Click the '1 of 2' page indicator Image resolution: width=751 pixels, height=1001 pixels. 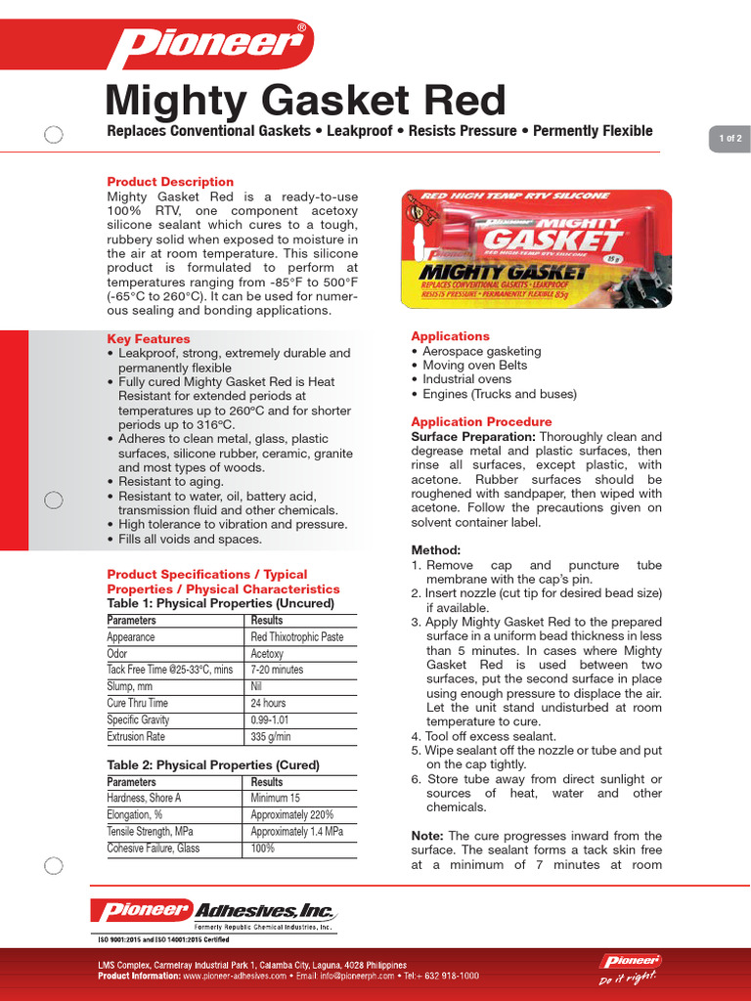(729, 139)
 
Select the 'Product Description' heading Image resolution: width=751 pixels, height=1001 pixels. (170, 182)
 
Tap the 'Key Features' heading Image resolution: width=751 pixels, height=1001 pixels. (149, 339)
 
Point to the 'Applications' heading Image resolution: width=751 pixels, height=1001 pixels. (450, 336)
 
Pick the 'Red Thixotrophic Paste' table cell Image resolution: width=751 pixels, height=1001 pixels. (297, 637)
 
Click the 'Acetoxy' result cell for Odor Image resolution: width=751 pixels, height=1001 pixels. (267, 654)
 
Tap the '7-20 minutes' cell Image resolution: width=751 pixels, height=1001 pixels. (277, 671)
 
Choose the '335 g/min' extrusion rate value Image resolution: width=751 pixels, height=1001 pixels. (273, 736)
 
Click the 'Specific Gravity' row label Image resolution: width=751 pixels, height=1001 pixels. (138, 719)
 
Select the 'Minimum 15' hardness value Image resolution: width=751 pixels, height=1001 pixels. (276, 799)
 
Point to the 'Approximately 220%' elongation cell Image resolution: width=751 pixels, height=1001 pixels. (291, 815)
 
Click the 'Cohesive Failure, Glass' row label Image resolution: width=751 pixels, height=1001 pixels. (154, 849)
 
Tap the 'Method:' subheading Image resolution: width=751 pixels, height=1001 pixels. (436, 550)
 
